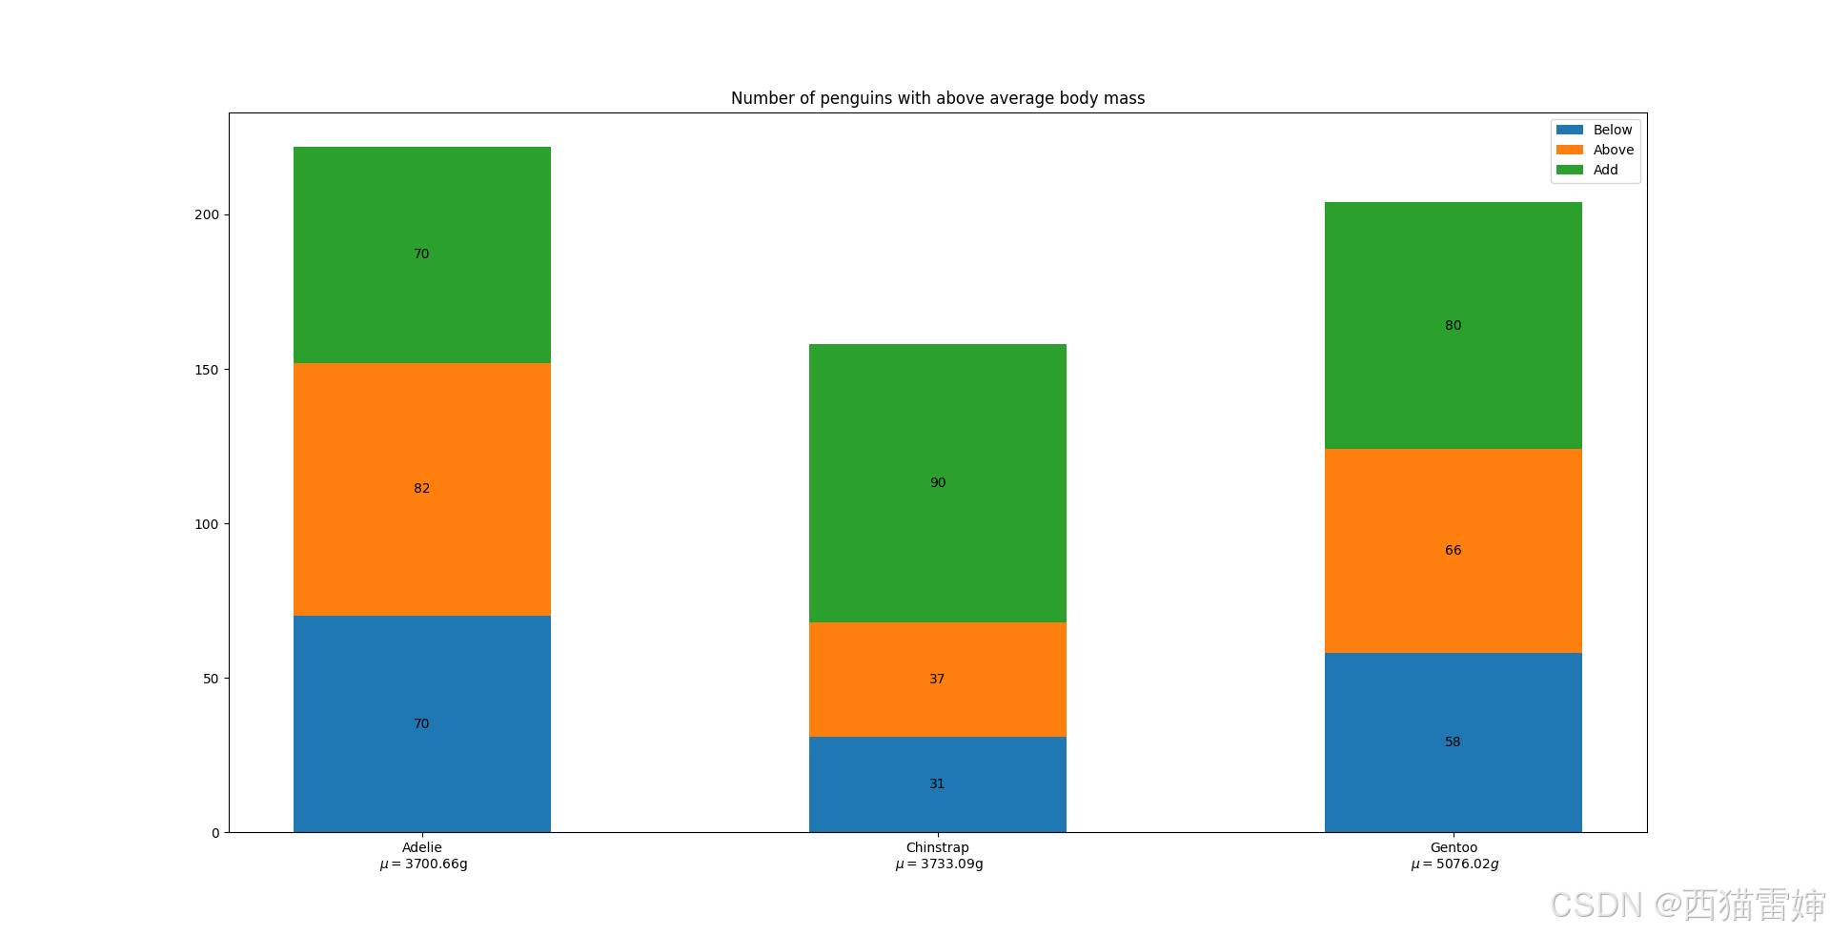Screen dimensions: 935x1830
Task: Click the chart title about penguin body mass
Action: (937, 98)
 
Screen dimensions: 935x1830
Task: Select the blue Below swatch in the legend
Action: (1569, 130)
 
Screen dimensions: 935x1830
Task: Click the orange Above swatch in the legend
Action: (1569, 150)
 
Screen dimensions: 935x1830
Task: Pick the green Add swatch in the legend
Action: (1569, 170)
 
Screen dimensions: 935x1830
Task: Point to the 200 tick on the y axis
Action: (206, 214)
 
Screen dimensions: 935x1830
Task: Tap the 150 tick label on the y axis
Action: (206, 370)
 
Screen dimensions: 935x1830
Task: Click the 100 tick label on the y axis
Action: (206, 524)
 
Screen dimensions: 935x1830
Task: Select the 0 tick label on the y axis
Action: (215, 833)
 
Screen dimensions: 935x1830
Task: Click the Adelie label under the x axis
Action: (421, 847)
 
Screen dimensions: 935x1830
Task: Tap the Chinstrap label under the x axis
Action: (937, 847)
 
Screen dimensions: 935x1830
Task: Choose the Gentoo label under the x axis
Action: (1454, 847)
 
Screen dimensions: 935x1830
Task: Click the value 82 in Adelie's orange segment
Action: (421, 488)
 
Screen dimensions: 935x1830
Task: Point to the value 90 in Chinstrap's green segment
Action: (938, 482)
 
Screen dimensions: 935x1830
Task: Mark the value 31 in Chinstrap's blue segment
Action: (937, 783)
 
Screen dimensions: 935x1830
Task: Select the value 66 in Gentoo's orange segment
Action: (1453, 550)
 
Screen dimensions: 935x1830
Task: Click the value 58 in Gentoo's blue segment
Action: (1453, 742)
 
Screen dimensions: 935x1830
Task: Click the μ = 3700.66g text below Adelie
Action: (423, 864)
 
